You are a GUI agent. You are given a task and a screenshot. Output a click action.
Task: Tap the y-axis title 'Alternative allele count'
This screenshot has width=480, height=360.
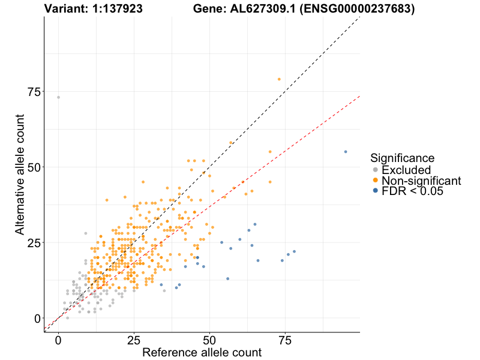click(20, 175)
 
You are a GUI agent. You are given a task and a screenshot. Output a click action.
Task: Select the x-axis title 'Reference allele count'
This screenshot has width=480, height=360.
click(202, 352)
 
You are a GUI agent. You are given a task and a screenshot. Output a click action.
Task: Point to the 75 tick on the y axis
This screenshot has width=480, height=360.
click(34, 92)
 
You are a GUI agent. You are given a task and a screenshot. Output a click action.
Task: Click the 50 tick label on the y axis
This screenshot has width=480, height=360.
click(34, 167)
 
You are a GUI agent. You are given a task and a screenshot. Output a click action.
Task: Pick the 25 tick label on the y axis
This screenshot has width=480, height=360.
click(34, 243)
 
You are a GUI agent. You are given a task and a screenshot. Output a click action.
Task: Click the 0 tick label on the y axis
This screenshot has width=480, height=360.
click(37, 319)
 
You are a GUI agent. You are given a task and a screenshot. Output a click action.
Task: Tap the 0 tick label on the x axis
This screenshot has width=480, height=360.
click(58, 341)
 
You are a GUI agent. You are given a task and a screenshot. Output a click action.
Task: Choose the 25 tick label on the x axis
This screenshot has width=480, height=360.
click(134, 341)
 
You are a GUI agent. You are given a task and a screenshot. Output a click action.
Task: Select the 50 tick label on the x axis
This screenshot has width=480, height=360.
click(209, 341)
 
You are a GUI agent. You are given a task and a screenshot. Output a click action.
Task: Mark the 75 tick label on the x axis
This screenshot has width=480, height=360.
click(285, 341)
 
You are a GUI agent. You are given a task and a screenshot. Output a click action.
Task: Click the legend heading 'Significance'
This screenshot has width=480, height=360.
click(402, 158)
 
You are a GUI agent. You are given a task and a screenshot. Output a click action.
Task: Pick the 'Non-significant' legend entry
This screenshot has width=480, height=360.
click(421, 181)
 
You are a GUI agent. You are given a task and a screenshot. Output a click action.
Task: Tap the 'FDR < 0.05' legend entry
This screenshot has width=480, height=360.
click(412, 191)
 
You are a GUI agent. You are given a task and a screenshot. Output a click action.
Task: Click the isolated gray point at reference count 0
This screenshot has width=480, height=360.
click(58, 97)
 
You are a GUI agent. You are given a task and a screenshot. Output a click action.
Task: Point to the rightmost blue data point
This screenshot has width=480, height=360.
click(346, 152)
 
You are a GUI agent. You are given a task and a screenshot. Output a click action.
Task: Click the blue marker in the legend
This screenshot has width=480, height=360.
click(376, 191)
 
